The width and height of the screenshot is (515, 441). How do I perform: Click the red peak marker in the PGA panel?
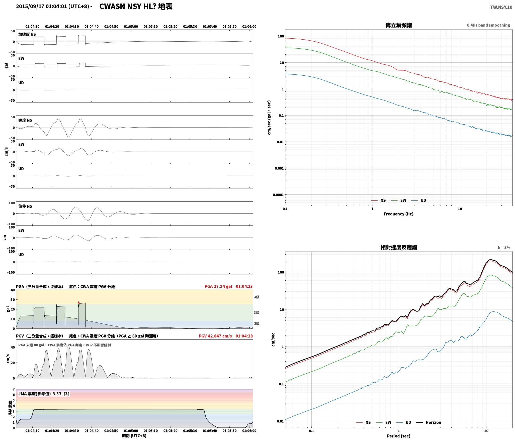[78, 302]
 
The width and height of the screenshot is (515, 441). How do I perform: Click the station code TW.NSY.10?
[501, 7]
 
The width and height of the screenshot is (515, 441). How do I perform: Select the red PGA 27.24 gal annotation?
[218, 286]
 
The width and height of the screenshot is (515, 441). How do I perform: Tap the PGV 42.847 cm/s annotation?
[215, 336]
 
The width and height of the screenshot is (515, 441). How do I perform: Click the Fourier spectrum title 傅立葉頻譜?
[399, 25]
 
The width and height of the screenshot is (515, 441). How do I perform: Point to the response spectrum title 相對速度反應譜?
[399, 247]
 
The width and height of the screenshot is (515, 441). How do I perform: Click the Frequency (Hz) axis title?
[398, 214]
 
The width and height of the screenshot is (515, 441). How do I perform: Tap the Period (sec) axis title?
[398, 436]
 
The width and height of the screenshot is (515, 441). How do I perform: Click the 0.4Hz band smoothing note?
[488, 25]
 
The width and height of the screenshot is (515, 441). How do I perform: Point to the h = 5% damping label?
[504, 248]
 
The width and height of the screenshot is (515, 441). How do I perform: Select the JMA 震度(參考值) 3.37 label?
[44, 394]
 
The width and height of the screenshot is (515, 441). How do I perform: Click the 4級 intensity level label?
[256, 297]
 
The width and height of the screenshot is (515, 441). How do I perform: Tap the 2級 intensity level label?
[256, 323]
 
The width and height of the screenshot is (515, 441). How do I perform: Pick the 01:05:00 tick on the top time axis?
[131, 27]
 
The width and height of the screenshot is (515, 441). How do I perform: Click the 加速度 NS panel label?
[27, 34]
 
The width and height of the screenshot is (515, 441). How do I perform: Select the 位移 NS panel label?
[25, 206]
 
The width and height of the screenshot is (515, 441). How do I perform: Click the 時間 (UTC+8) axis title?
[134, 436]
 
